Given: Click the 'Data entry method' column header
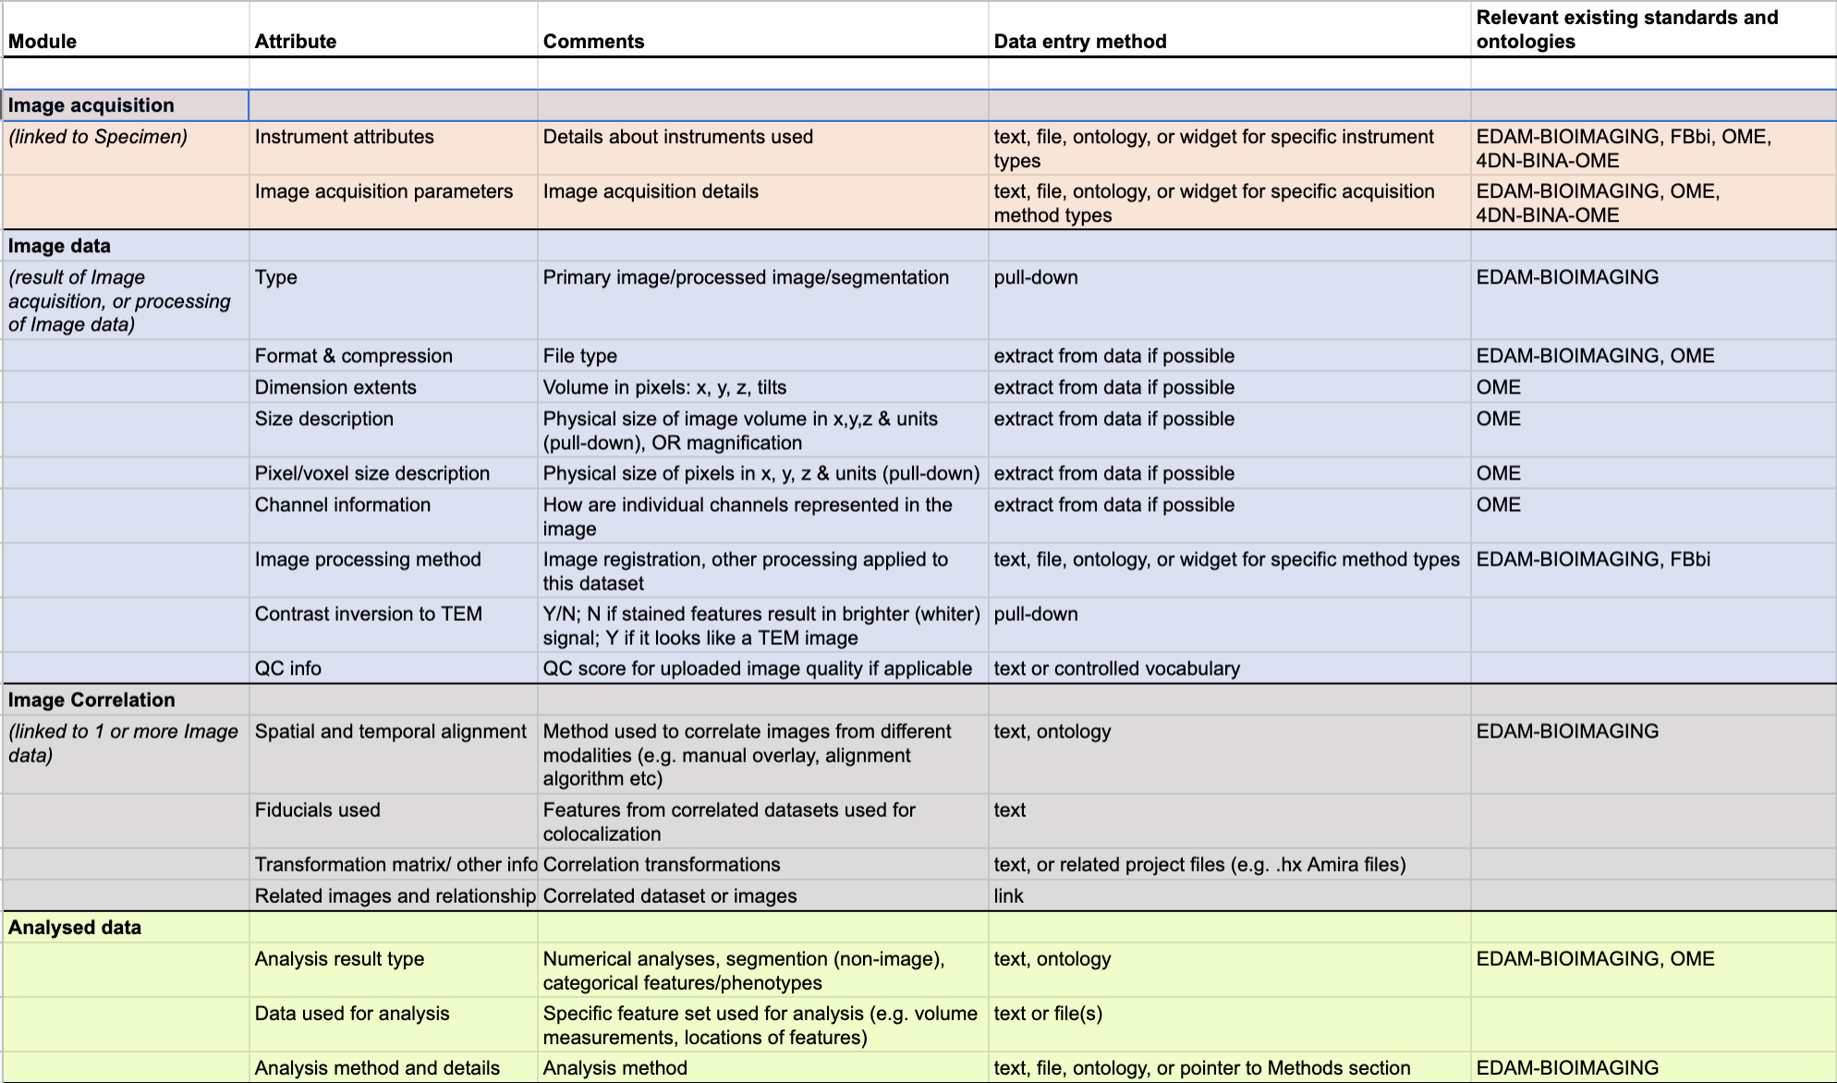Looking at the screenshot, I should (1079, 42).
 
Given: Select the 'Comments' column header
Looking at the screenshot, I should (593, 42).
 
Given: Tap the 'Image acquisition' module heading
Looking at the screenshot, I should (91, 105).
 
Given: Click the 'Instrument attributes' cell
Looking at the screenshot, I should (344, 137).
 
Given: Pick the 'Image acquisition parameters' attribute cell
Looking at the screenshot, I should (383, 191).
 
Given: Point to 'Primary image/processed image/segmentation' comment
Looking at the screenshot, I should (746, 277).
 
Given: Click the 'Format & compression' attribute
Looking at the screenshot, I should (353, 356).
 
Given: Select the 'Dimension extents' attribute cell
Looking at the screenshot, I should (335, 387).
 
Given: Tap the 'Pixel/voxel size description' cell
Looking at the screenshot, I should (371, 473).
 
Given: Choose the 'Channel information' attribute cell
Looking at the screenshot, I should (342, 505).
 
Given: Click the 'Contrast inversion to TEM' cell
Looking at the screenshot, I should (368, 614).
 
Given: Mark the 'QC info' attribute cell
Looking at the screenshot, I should (287, 668).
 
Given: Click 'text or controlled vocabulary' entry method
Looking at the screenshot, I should (1116, 668).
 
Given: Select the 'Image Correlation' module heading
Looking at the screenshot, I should (91, 700).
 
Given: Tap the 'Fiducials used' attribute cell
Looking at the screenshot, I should (317, 809).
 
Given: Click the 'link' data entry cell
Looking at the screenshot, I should (1008, 895).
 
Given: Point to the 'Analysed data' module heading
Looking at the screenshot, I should (75, 927).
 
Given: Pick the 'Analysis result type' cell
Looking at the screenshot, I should (339, 958).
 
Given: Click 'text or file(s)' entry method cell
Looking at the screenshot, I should (1048, 1013).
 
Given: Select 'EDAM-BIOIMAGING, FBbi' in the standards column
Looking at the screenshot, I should (1593, 559).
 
